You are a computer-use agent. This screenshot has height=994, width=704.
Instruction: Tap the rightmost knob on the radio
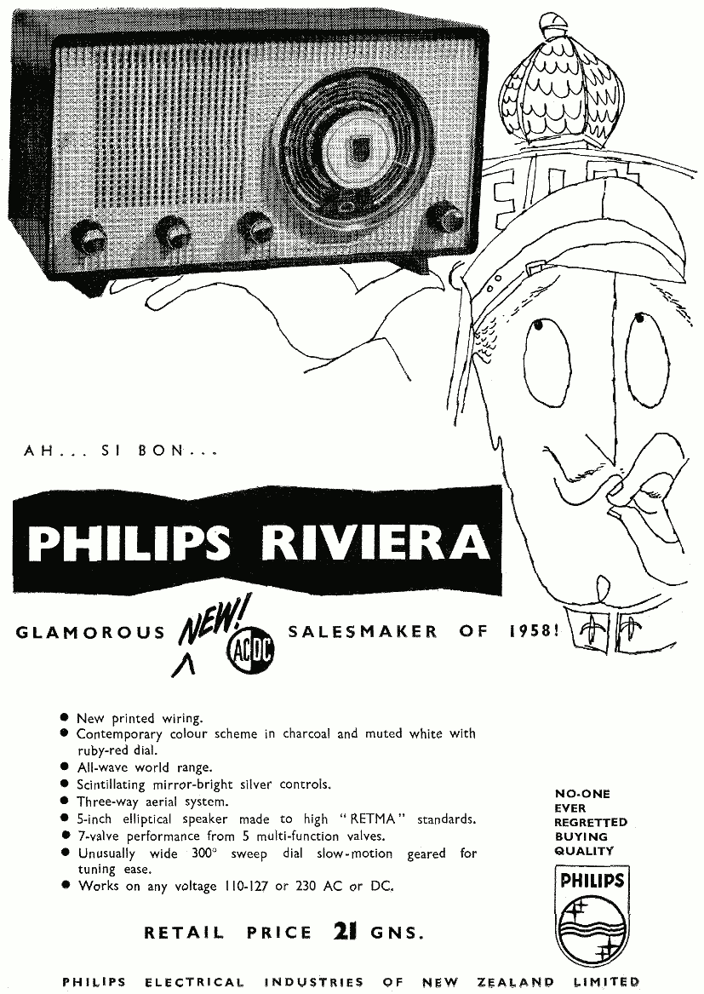[445, 217]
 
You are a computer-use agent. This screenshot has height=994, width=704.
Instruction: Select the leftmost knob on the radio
[89, 236]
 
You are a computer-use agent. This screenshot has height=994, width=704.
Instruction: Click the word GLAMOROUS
[91, 632]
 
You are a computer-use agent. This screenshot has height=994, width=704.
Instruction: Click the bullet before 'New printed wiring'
[65, 717]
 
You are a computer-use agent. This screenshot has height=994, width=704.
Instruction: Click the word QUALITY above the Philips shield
[584, 850]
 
